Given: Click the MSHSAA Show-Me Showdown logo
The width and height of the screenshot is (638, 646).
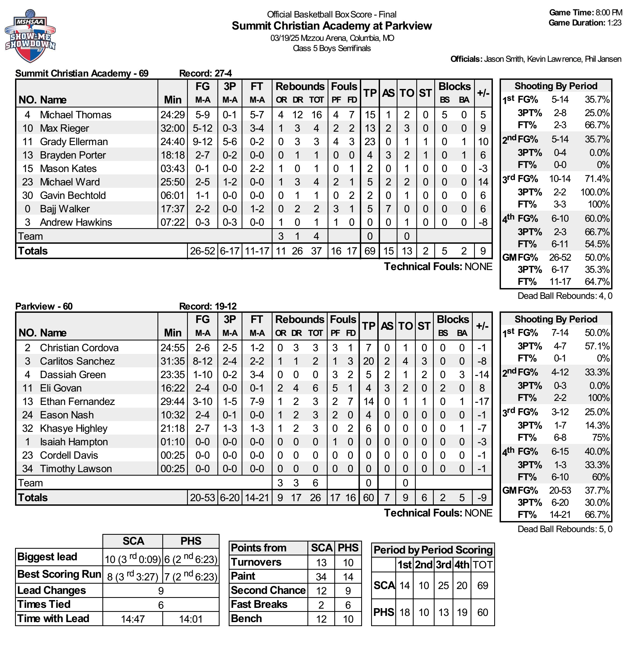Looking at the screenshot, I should [30, 36].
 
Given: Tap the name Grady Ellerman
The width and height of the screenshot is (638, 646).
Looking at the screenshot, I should [74, 142].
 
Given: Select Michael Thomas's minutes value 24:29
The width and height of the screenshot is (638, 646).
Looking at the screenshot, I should [173, 115].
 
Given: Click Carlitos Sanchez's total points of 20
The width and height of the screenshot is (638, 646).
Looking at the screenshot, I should [368, 361].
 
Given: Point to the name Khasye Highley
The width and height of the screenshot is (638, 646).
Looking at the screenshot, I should [74, 429].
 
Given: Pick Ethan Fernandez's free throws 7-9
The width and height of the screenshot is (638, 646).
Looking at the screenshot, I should [257, 401].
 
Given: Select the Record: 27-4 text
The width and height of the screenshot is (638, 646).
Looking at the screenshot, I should [205, 73].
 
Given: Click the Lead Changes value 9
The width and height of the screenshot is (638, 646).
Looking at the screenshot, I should [161, 591].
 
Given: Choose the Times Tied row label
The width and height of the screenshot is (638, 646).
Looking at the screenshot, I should [44, 605].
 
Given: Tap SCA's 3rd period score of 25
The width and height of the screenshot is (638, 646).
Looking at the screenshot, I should [443, 586].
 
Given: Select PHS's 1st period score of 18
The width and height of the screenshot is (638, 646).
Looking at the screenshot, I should [405, 612].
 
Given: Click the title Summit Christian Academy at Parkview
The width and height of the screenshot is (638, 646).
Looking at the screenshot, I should [332, 26].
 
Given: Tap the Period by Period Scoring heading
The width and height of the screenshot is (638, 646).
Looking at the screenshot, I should [433, 550].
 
